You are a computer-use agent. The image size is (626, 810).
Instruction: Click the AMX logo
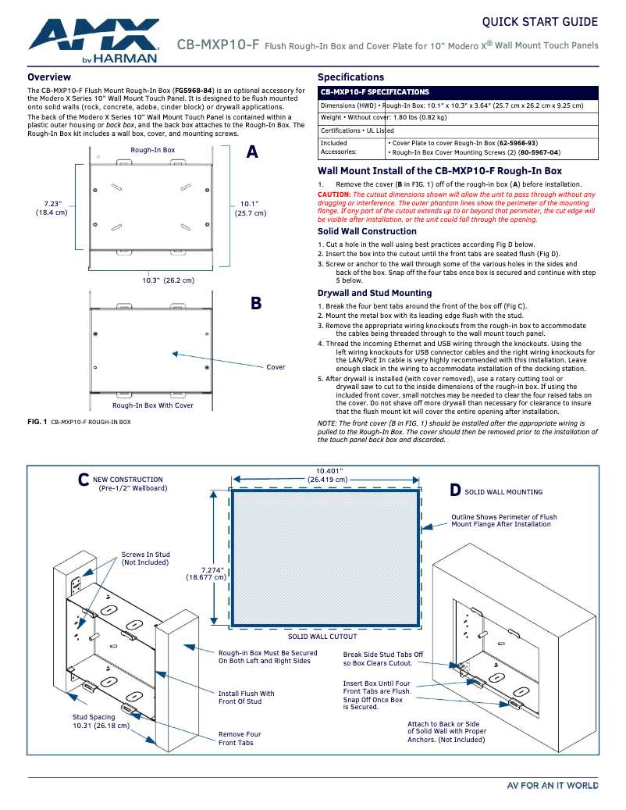[x=94, y=39]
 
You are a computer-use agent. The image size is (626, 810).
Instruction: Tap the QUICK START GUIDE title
[x=539, y=22]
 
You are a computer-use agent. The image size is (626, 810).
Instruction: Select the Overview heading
[x=49, y=77]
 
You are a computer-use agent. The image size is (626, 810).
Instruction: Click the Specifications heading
[x=350, y=77]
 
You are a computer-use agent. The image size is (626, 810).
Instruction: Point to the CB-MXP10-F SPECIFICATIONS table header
[x=375, y=92]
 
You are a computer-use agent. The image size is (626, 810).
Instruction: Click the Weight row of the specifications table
[x=383, y=117]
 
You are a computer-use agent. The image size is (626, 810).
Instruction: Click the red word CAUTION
[x=334, y=194]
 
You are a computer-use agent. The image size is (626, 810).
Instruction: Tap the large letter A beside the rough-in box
[x=252, y=152]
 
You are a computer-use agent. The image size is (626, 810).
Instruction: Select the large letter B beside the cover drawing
[x=256, y=304]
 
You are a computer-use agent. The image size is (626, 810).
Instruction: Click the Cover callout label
[x=276, y=366]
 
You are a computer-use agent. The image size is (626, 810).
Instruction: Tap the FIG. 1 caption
[x=79, y=422]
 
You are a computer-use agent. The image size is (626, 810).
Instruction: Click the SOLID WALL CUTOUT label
[x=322, y=637]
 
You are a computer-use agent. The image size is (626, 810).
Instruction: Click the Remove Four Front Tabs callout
[x=240, y=738]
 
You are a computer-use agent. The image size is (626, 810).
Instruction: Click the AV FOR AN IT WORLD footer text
[x=553, y=785]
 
